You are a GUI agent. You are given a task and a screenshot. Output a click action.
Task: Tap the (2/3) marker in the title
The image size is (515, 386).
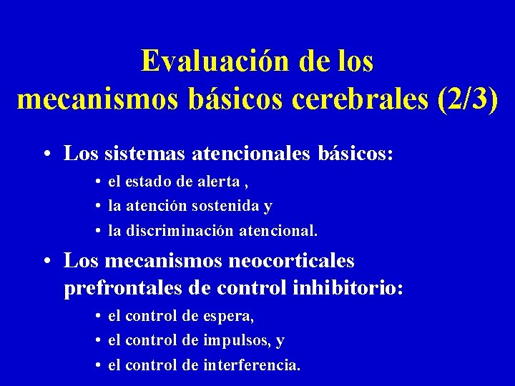466,99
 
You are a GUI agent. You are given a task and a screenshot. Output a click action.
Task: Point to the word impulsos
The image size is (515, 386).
236,340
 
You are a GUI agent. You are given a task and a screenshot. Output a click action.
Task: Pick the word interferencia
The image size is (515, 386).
250,365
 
